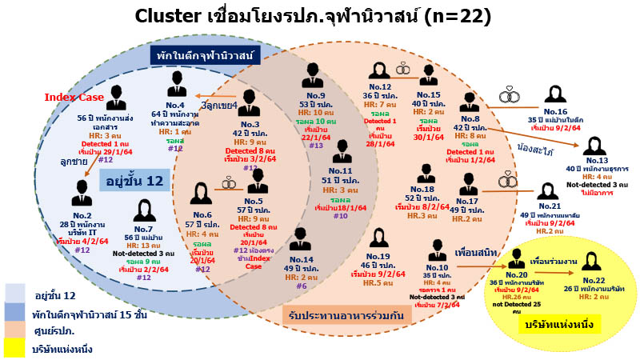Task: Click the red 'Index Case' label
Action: (x=74, y=98)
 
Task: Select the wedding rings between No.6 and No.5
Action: (x=229, y=182)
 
